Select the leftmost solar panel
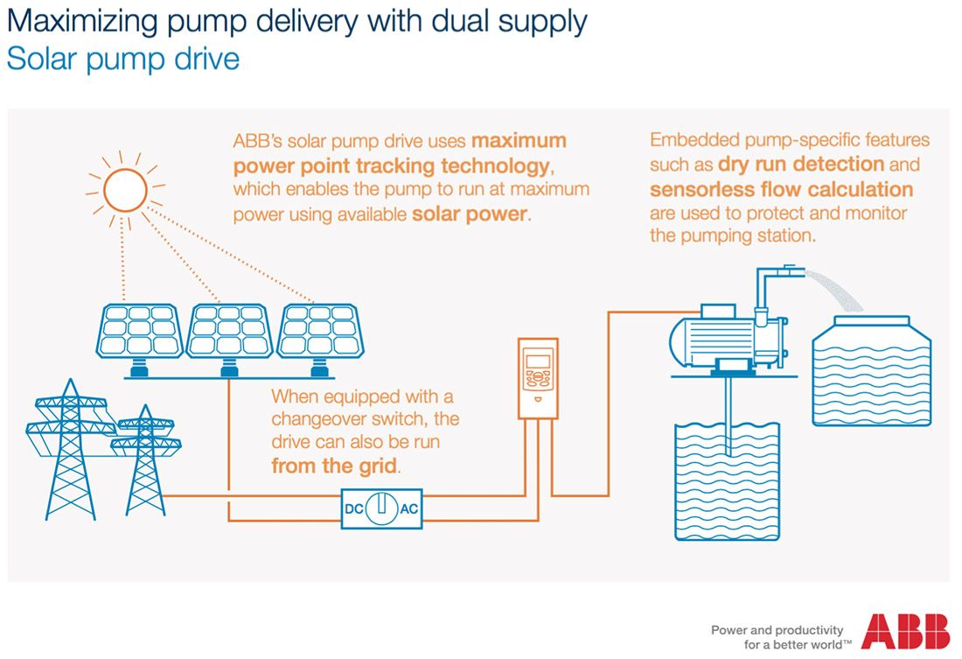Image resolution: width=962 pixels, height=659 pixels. tap(140, 330)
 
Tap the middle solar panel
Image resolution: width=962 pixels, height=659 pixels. tap(228, 330)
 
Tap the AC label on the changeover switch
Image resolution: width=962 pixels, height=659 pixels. tap(408, 508)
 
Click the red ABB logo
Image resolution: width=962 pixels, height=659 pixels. tap(905, 633)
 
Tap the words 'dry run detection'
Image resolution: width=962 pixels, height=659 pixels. tap(801, 165)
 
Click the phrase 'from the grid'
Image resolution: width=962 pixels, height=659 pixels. tap(335, 466)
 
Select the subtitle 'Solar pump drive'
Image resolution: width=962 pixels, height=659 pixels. tap(122, 60)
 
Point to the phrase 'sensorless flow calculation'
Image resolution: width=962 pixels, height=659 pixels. tap(781, 189)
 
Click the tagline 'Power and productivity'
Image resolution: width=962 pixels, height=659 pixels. tap(777, 629)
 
